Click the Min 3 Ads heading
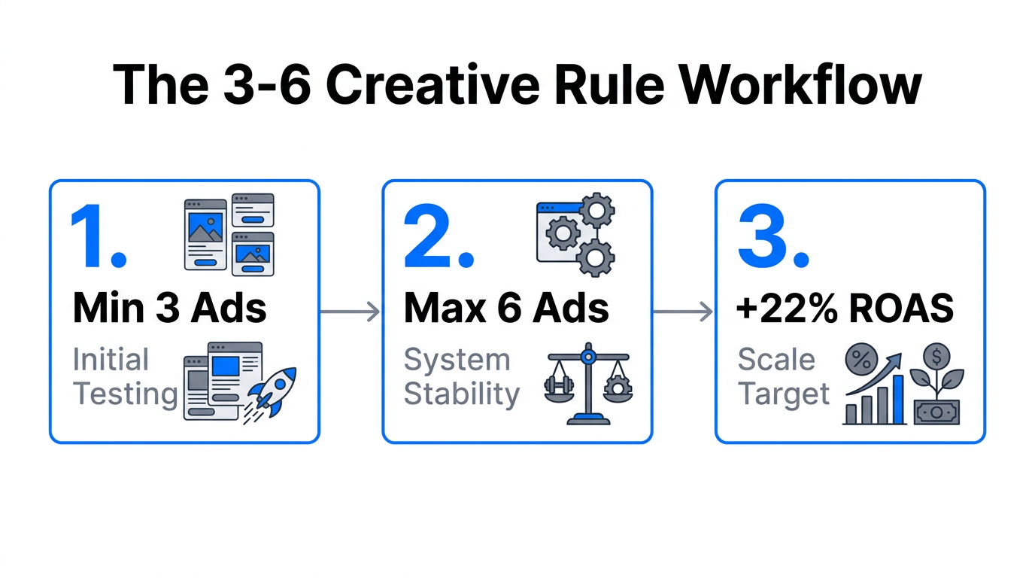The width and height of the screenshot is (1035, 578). (169, 309)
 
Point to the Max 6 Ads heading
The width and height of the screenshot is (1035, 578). (506, 309)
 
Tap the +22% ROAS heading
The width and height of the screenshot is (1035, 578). (845, 309)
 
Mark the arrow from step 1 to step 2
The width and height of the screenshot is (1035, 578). (351, 311)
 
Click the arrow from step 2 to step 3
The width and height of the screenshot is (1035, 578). (683, 311)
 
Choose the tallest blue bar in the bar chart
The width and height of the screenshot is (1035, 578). (897, 399)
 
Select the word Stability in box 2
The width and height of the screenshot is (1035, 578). (461, 394)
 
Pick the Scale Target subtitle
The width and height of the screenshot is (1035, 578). (783, 376)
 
